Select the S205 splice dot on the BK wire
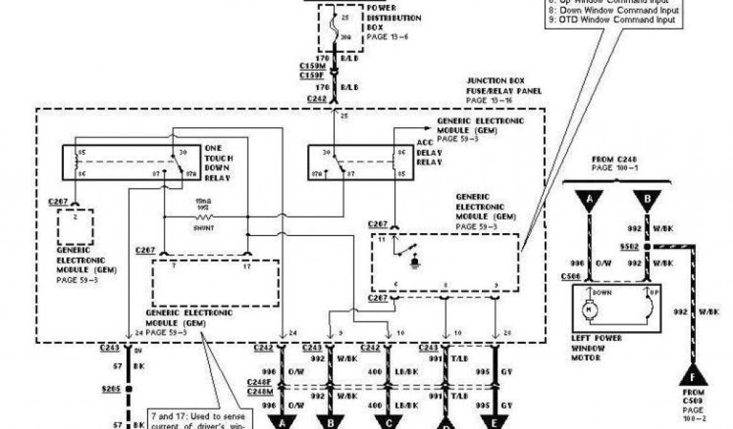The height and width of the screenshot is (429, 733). click(x=129, y=390)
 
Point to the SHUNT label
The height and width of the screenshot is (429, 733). click(x=204, y=227)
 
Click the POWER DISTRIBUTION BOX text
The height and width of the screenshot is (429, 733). click(x=393, y=18)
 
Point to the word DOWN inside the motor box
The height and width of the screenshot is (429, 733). click(x=599, y=292)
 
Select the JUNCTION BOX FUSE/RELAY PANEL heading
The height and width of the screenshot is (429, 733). click(x=504, y=91)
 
